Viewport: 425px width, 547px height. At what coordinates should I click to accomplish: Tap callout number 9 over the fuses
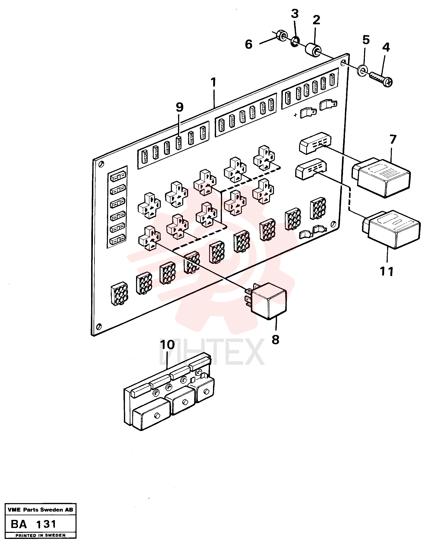(x=180, y=107)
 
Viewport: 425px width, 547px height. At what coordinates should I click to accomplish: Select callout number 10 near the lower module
(x=167, y=345)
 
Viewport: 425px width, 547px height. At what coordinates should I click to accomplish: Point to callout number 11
(x=386, y=271)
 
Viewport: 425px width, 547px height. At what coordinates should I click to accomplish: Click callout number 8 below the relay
(x=275, y=340)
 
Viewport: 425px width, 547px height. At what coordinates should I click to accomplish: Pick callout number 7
(x=393, y=139)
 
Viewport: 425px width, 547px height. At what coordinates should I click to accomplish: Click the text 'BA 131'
(x=34, y=524)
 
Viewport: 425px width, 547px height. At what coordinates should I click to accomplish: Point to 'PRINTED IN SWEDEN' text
(x=40, y=535)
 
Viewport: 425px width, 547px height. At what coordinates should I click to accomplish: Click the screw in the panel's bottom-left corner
(x=99, y=327)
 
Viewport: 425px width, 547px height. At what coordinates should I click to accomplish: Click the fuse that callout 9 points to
(x=179, y=143)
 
